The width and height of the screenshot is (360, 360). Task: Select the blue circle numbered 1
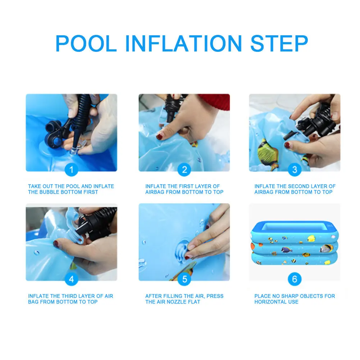click(71, 169)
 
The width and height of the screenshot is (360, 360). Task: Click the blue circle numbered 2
click(184, 169)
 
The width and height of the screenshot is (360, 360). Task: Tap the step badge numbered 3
click(295, 169)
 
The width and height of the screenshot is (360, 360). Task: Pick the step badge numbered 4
click(71, 279)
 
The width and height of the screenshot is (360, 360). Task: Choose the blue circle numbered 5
click(184, 279)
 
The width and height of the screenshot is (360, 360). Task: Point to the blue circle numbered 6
click(295, 279)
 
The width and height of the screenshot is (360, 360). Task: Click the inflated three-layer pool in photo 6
click(295, 244)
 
